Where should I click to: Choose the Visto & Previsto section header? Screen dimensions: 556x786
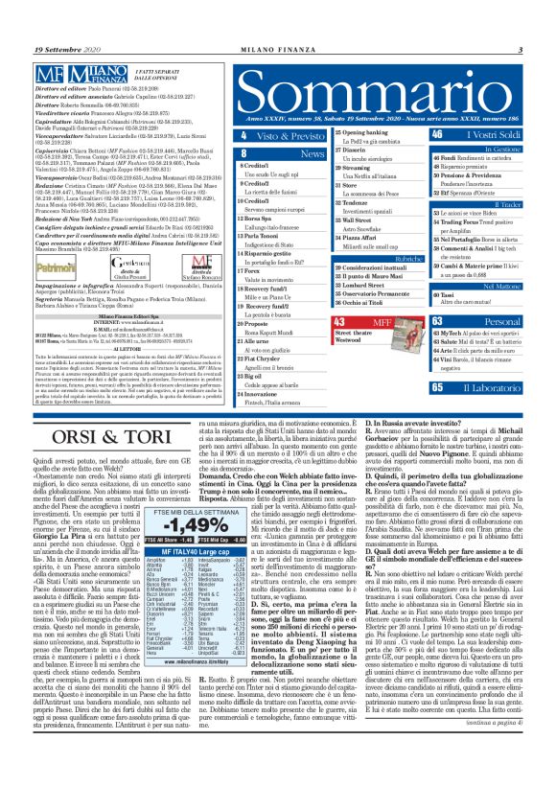pyautogui.click(x=295, y=136)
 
